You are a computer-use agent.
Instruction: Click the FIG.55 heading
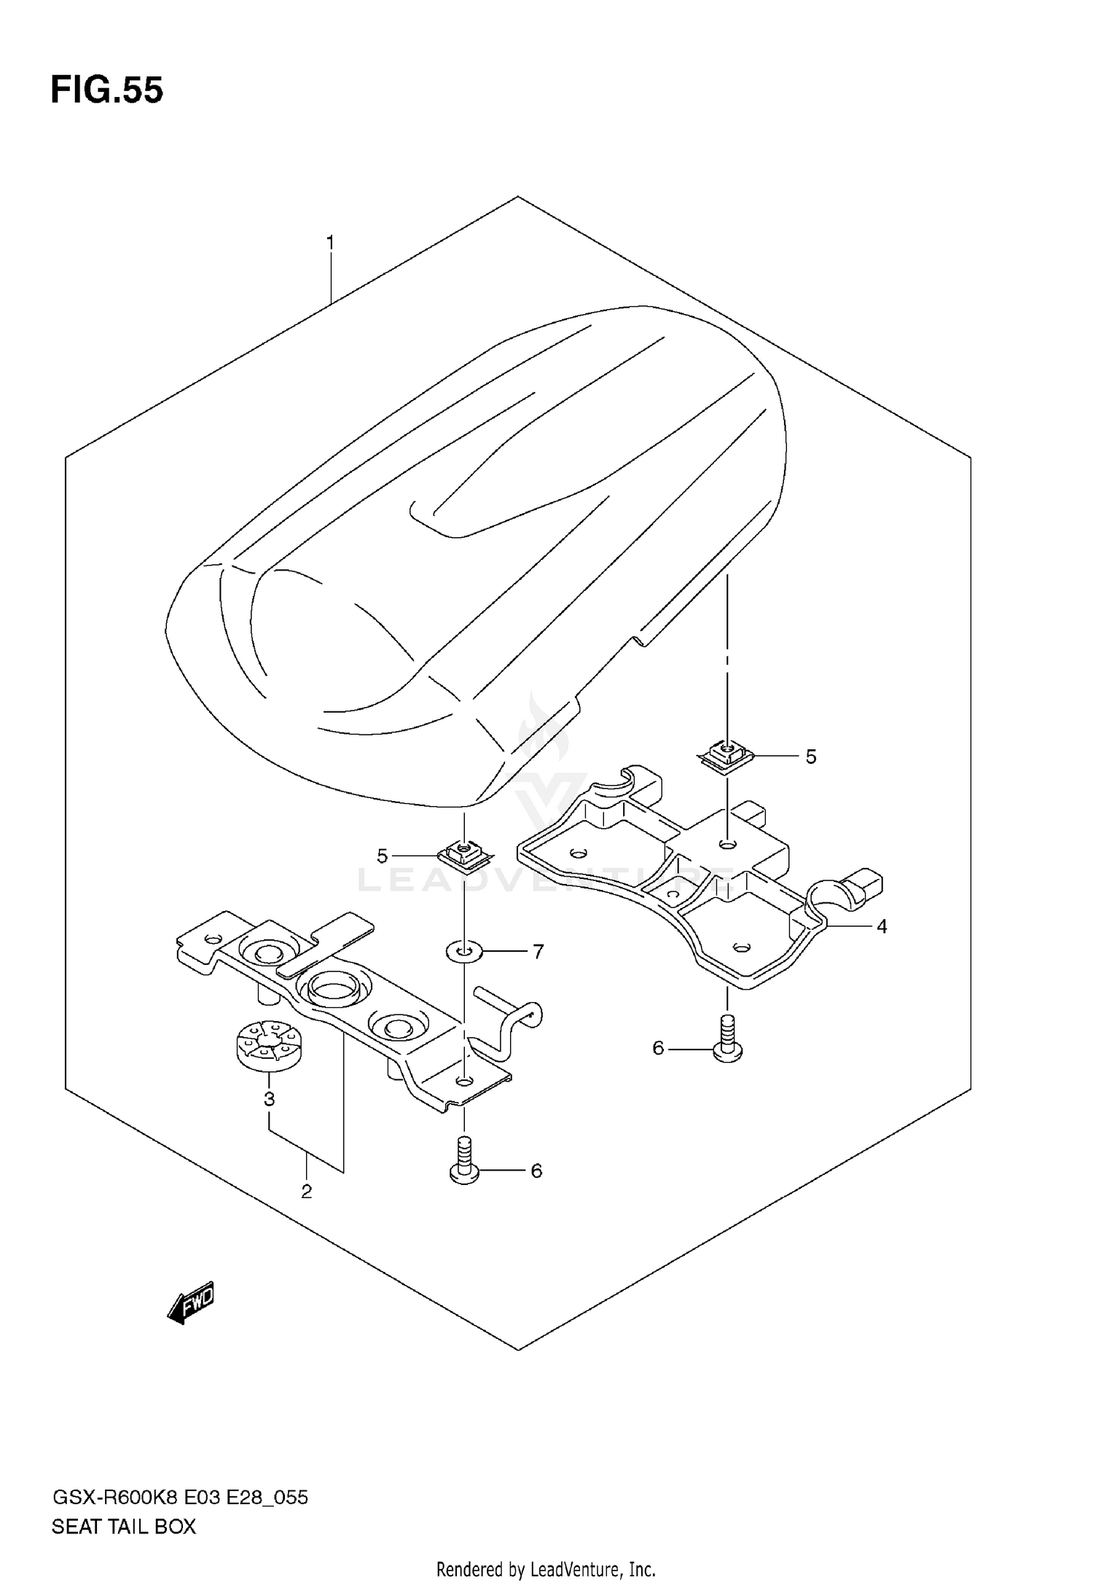107,91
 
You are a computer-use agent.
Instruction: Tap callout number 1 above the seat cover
330,243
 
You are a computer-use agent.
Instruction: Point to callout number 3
269,1098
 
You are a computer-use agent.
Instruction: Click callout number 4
882,926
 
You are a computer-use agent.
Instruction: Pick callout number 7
538,951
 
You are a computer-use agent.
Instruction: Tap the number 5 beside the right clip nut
810,757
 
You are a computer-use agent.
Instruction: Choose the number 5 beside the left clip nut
383,856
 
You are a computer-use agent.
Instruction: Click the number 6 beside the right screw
658,1048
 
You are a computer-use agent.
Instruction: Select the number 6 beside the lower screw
536,1170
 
